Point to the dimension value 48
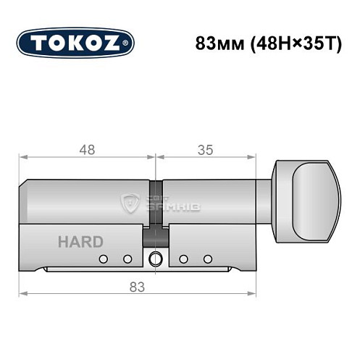[87, 150]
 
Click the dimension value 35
[205, 150]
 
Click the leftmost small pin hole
[104, 259]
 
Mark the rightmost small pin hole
[208, 259]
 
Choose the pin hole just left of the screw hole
[127, 259]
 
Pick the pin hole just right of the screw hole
[184, 259]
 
